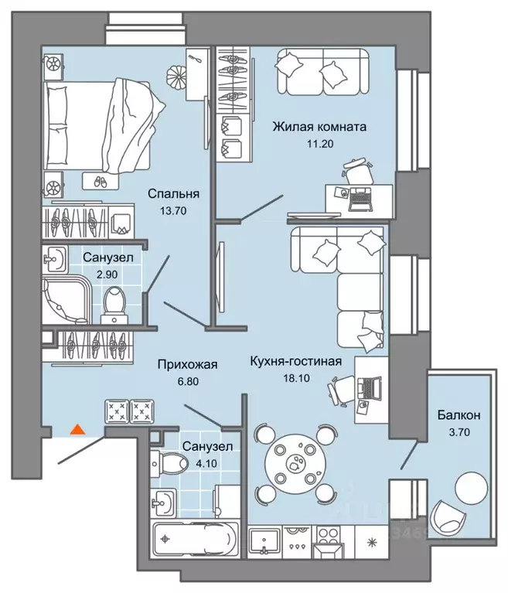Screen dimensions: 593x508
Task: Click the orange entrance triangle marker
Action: pos(77,428)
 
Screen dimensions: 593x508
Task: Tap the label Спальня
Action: pos(175,194)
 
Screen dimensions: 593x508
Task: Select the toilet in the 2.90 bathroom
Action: pos(115,301)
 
